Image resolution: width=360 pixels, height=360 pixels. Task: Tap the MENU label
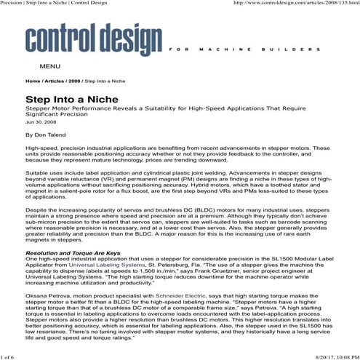(49, 67)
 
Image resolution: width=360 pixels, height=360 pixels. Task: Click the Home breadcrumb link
(33, 81)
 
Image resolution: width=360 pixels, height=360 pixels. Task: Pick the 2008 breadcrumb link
(75, 81)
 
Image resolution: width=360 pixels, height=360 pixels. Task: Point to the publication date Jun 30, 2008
(39, 122)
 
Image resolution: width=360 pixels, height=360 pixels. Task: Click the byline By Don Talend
(44, 135)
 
